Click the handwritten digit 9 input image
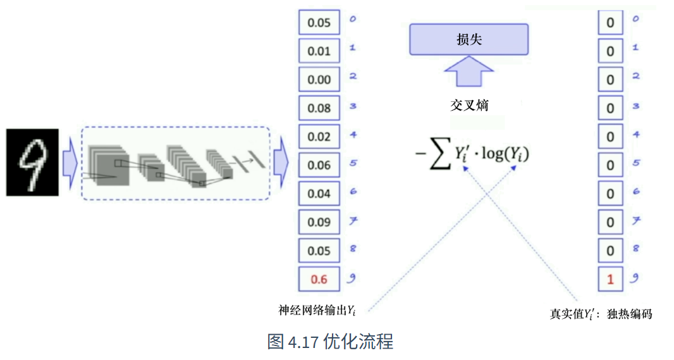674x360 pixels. click(32, 162)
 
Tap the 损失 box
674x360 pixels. click(469, 40)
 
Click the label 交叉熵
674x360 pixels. click(469, 106)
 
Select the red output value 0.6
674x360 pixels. click(319, 279)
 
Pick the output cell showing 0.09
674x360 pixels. click(319, 222)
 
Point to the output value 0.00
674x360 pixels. click(319, 80)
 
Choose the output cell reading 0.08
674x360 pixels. click(319, 108)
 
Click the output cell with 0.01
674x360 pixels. click(319, 51)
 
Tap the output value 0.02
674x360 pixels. click(319, 137)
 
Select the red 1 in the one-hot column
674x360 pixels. click(610, 279)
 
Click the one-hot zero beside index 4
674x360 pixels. click(610, 137)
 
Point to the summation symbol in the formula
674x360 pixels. click(439, 154)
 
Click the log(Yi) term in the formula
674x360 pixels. click(505, 154)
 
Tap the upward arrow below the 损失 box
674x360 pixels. click(469, 71)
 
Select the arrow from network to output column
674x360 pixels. click(281, 163)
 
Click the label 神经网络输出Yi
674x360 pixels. click(317, 310)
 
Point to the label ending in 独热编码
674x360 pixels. click(601, 314)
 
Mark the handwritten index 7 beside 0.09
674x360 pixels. click(353, 221)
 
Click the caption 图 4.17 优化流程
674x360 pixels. click(330, 342)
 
